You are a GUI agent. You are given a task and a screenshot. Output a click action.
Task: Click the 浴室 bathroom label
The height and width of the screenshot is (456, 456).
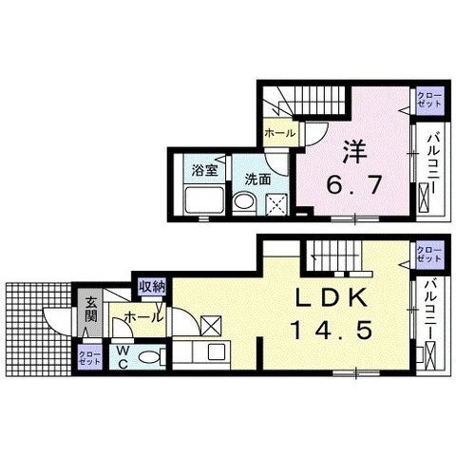coord(204,171)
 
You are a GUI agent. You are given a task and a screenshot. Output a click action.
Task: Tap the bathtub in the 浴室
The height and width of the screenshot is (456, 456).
coord(204,200)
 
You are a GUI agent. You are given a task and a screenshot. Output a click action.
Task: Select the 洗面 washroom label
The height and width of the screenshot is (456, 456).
coord(258,180)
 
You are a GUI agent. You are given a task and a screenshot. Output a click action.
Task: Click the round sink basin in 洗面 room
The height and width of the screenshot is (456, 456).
coord(244,201)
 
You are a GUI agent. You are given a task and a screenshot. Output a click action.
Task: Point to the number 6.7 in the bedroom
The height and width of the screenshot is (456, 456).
coord(353,184)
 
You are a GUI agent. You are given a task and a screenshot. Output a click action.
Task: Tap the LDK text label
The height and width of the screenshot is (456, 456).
coord(332,297)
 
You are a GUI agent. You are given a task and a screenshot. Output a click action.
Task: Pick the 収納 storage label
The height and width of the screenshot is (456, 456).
coord(152,287)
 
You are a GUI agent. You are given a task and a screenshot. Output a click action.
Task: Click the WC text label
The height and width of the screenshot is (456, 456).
coord(123,357)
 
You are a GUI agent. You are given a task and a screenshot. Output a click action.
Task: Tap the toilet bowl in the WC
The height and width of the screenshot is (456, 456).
coord(149,358)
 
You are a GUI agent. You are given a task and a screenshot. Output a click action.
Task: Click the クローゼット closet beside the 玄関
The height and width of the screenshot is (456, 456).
coord(90,357)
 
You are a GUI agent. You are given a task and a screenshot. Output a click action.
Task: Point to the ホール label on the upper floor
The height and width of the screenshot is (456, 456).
coord(279,133)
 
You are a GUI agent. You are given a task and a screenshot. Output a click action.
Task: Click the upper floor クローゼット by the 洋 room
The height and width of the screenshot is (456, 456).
coord(429,99)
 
